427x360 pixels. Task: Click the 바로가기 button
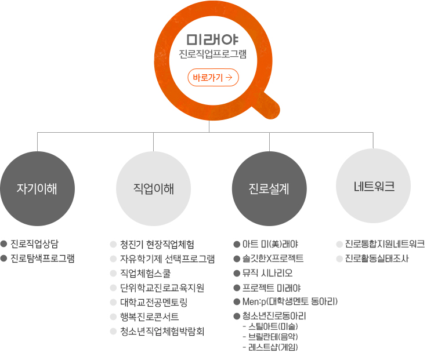coord(213,78)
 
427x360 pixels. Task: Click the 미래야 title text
coord(212,40)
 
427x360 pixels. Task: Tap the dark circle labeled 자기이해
coord(37,188)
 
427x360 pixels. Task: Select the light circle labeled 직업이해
coord(153,188)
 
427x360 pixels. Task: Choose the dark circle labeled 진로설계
coord(269,188)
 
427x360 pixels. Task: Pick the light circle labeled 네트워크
coord(374,186)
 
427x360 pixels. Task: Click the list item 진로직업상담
coord(34,244)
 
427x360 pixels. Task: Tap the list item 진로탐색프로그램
coord(42,258)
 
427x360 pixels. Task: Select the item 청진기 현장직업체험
coord(157,244)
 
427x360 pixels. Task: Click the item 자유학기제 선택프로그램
coord(168,259)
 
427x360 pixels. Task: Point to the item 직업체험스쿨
coord(146,273)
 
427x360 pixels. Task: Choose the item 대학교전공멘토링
coord(154,302)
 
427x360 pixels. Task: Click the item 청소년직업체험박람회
coord(162,331)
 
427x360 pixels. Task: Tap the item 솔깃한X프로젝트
coord(273,259)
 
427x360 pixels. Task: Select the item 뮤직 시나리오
coord(267,273)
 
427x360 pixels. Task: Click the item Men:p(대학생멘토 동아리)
coord(290,301)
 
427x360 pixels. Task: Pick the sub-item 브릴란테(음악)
coord(273,337)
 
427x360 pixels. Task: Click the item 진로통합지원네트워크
coord(385,244)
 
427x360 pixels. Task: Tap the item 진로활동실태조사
coord(377,258)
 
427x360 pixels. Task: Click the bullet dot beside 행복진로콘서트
coord(113,317)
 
